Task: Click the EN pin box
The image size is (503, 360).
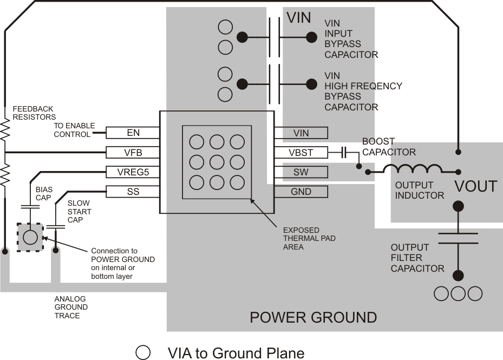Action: pos(133,133)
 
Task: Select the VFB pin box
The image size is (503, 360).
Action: pos(133,153)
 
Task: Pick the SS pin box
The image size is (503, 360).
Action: pos(133,192)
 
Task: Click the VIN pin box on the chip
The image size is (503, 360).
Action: pos(301,133)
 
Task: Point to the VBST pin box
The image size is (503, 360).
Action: pos(301,153)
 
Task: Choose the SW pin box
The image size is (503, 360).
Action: pos(301,172)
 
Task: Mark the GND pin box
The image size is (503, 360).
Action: pos(301,192)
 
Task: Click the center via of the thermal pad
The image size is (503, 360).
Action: pos(217,162)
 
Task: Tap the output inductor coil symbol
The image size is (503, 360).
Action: pos(413,169)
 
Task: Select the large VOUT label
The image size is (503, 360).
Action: pos(475,187)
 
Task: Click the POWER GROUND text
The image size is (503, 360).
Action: pos(313,317)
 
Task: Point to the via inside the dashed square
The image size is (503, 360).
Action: pos(30,237)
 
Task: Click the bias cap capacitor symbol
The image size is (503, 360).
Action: pos(27,207)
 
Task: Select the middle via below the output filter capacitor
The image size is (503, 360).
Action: pos(458,293)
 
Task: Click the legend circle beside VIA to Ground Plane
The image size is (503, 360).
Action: pos(143,352)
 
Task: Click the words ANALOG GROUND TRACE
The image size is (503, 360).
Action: pos(71,307)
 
